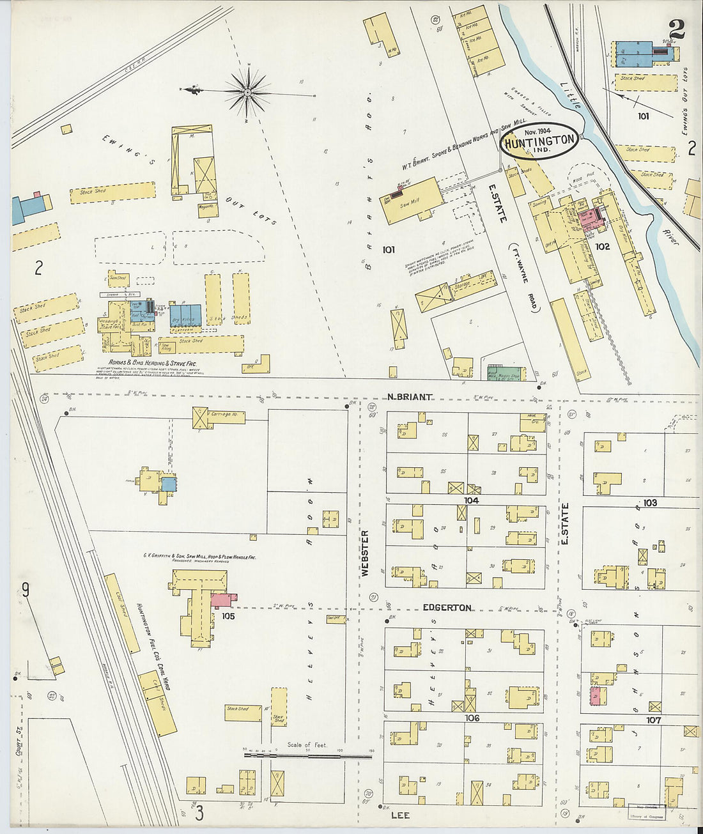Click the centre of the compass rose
click(247, 93)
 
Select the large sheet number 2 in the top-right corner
click(677, 29)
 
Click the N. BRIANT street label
click(409, 397)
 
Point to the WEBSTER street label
click(365, 553)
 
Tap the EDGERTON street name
click(447, 608)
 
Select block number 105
click(228, 616)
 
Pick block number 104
click(472, 500)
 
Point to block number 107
click(653, 720)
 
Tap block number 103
click(650, 503)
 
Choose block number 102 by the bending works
click(602, 246)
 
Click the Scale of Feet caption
click(307, 745)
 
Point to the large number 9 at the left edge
click(26, 589)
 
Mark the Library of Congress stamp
click(647, 812)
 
